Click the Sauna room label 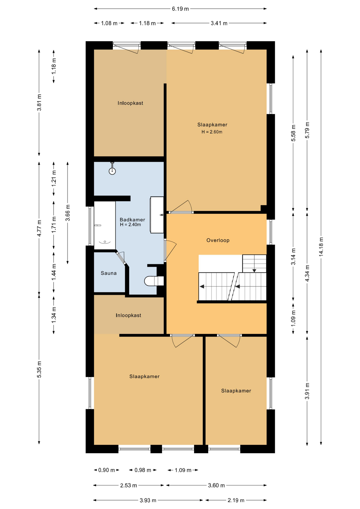(109, 273)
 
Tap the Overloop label (218, 240)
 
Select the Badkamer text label (132, 220)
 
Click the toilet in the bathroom (154, 281)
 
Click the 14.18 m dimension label (321, 247)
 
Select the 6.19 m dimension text (180, 9)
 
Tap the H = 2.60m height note (212, 132)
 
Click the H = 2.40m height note (130, 225)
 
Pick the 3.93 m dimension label (148, 500)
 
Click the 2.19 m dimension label (236, 500)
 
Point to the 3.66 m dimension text (68, 213)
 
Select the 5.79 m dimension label (307, 130)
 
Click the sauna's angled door (121, 258)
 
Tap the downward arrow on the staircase (254, 271)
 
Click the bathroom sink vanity (157, 215)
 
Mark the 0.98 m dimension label (143, 470)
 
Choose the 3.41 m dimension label (219, 23)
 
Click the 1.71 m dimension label (54, 225)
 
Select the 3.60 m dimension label (216, 485)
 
